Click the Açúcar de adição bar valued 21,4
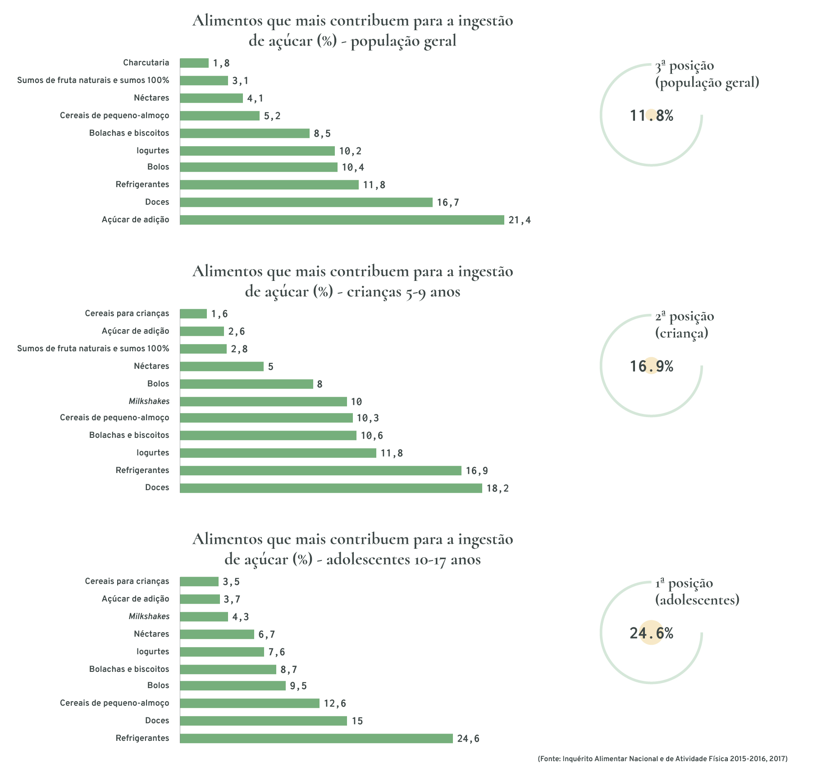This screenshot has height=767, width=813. tap(342, 220)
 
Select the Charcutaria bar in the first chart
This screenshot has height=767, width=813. tap(194, 63)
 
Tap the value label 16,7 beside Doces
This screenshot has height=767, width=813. tap(448, 202)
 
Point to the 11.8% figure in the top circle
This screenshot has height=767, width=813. tap(651, 116)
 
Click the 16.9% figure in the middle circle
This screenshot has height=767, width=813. tap(651, 366)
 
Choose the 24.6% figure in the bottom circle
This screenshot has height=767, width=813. tap(651, 634)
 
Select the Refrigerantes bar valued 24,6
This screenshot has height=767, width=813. tap(316, 738)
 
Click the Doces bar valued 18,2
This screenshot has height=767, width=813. tap(331, 488)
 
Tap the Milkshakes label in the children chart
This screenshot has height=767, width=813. tap(149, 401)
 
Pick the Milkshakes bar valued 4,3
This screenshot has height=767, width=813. tap(204, 616)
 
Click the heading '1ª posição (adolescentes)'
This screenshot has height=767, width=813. tap(697, 591)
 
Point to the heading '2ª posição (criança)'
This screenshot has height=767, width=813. tap(684, 324)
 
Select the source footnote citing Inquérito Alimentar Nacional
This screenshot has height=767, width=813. tap(662, 759)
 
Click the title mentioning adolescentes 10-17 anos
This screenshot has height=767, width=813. tap(352, 549)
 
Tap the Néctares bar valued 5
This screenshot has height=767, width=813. tap(221, 367)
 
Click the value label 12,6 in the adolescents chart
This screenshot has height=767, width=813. tap(334, 703)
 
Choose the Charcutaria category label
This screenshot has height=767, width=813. tap(146, 63)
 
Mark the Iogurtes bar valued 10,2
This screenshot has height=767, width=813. tap(257, 151)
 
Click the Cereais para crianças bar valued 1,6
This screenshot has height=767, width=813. tap(193, 314)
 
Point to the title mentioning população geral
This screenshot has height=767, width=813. tap(352, 31)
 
